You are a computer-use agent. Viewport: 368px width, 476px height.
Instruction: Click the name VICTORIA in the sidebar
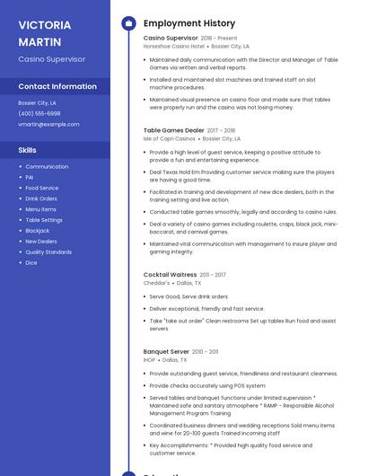click(45, 24)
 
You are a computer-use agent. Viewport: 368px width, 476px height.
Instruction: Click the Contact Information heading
click(57, 86)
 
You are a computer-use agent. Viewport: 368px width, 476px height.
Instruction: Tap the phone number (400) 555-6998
click(39, 113)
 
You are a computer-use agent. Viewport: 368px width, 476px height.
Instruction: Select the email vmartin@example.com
click(48, 124)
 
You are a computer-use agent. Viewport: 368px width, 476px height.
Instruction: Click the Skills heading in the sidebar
click(28, 149)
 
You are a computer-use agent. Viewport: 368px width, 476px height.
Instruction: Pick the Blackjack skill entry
click(38, 231)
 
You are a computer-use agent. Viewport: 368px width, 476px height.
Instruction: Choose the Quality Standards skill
click(48, 252)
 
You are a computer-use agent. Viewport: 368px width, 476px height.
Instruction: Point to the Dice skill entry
click(31, 263)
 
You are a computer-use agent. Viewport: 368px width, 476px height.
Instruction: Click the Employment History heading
click(188, 23)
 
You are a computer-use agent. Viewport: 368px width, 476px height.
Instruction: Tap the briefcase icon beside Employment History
click(128, 23)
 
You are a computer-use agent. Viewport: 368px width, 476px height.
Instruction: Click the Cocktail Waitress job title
click(170, 274)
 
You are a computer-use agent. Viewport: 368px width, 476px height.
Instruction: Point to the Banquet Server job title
click(166, 351)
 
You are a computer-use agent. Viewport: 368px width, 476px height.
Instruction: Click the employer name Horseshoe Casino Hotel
click(174, 46)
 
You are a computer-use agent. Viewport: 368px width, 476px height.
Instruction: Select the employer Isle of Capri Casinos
click(170, 139)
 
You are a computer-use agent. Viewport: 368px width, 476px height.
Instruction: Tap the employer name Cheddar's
click(156, 283)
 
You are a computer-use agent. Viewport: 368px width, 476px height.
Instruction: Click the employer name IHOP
click(149, 359)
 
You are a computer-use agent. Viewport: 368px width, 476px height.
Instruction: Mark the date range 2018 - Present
click(219, 38)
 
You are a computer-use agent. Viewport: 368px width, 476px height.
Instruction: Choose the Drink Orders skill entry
click(41, 198)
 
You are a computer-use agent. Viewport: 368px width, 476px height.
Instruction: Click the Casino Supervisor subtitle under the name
click(51, 58)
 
